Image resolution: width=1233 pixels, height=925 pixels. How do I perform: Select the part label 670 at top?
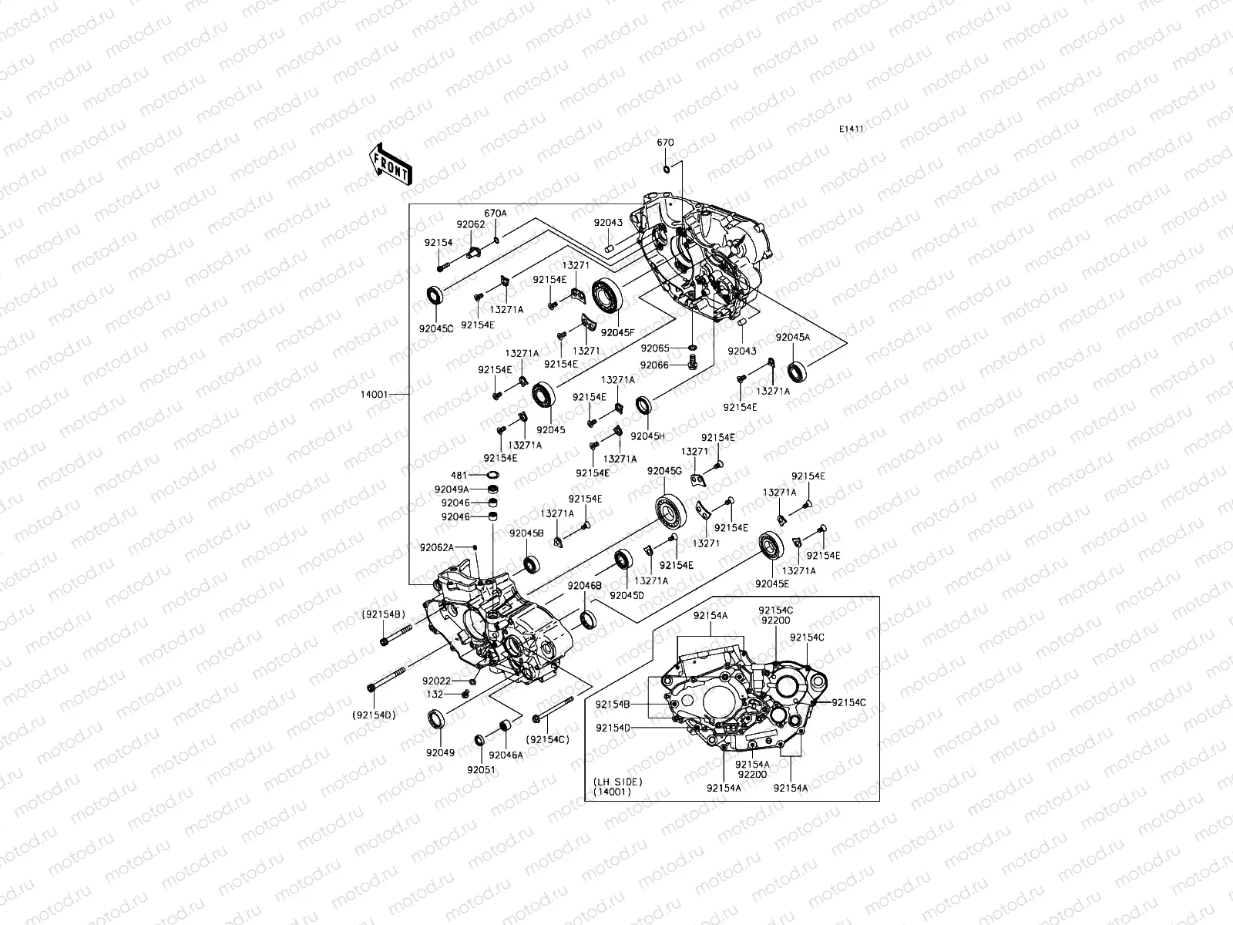(665, 143)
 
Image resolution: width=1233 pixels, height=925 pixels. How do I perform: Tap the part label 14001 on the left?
(374, 394)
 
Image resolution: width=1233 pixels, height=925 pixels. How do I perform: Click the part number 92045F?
(617, 332)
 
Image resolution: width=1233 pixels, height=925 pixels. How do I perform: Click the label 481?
(459, 475)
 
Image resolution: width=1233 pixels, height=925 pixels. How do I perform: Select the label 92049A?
(452, 489)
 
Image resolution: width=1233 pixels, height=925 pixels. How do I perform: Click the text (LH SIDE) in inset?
(617, 782)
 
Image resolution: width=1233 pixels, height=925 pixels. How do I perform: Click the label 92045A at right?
(792, 337)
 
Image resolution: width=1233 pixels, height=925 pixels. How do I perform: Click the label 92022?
(436, 681)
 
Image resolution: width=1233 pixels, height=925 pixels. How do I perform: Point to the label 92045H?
(647, 436)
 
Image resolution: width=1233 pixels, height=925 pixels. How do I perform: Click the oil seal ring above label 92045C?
(436, 295)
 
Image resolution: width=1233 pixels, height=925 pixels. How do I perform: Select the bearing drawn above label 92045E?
(771, 546)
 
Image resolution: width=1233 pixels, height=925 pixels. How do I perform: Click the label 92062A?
(438, 547)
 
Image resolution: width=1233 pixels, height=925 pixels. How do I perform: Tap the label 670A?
(496, 214)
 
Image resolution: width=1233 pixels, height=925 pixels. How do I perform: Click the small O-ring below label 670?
(667, 170)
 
